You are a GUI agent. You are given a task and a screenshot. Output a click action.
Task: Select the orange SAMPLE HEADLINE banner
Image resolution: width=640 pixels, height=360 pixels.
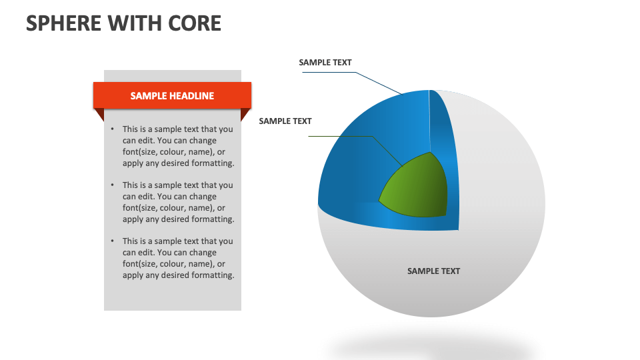pyautogui.click(x=172, y=95)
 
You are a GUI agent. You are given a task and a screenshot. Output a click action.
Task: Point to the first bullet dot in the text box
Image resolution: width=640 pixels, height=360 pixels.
pyautogui.click(x=113, y=129)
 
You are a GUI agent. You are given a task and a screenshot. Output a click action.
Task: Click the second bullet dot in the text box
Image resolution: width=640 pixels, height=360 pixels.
pyautogui.click(x=113, y=185)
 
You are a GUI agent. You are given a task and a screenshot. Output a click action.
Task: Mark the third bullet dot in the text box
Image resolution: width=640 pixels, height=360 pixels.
pyautogui.click(x=113, y=241)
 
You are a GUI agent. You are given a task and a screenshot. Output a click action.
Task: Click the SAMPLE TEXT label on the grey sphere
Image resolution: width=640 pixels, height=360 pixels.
pyautogui.click(x=433, y=271)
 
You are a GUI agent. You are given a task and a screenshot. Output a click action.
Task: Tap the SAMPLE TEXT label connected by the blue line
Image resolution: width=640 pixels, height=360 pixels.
pyautogui.click(x=325, y=63)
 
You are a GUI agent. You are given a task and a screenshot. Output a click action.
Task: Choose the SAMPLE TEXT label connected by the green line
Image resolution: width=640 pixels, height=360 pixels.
pyautogui.click(x=285, y=121)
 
